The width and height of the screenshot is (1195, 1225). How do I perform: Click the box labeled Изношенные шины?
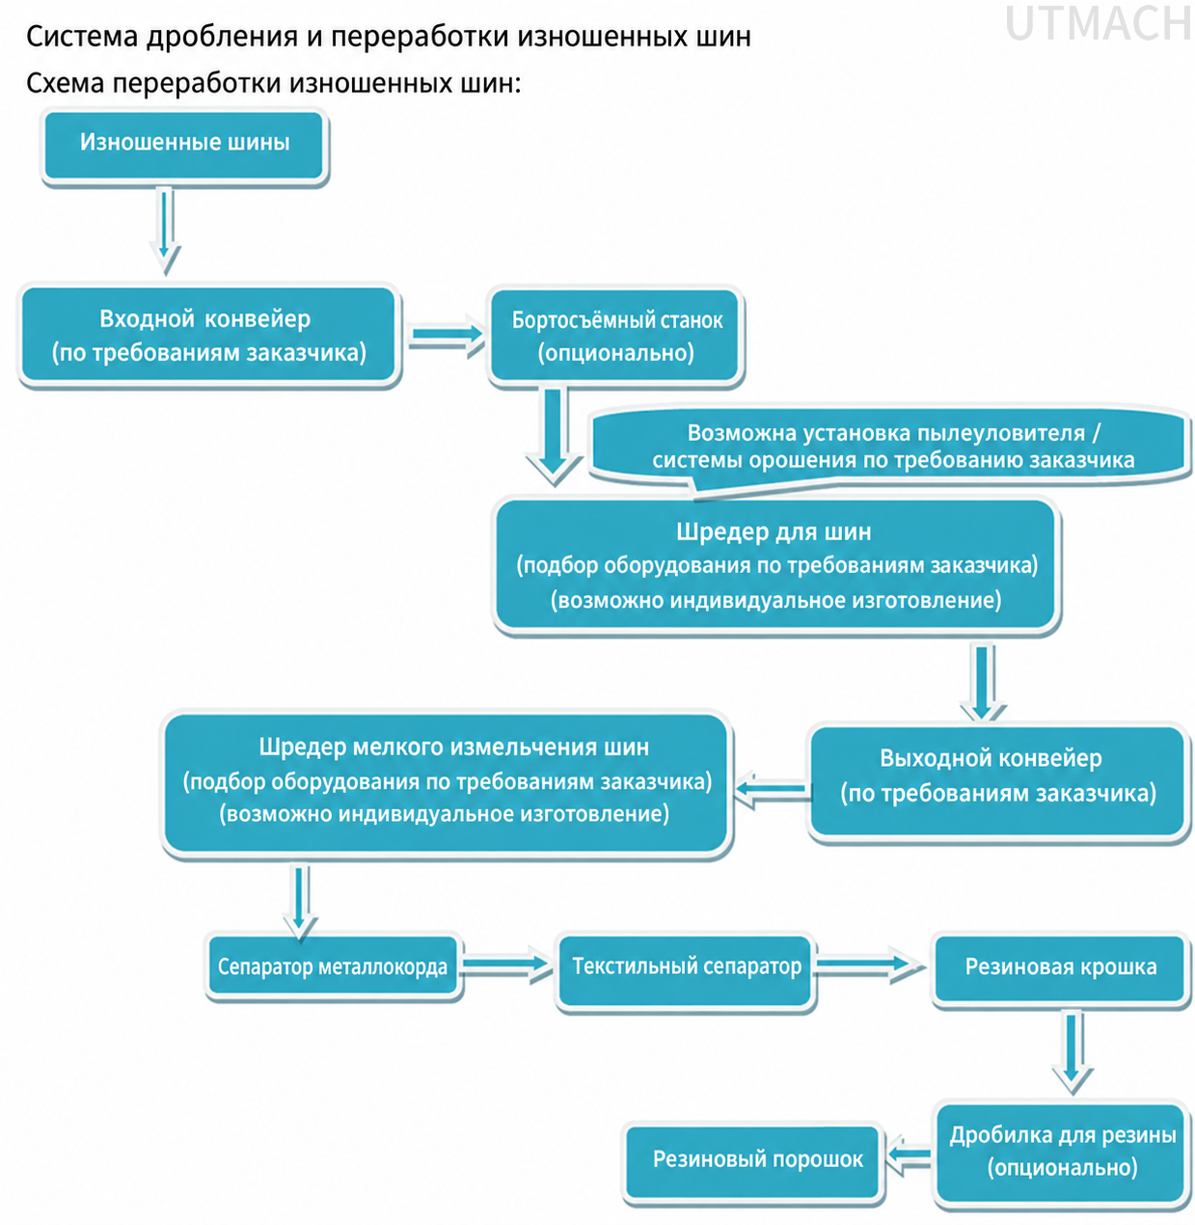coord(184,146)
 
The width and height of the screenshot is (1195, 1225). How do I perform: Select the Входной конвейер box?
coord(209,335)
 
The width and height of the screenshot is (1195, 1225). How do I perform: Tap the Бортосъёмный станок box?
coord(616,336)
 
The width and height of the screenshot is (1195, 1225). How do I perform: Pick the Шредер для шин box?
coord(775,565)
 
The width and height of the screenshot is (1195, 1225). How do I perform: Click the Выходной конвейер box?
coord(998,782)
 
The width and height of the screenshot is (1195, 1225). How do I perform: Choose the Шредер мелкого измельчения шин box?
coord(447,782)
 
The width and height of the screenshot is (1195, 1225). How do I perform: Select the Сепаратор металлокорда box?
coord(333,966)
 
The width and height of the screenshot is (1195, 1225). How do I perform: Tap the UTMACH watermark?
coord(1098,25)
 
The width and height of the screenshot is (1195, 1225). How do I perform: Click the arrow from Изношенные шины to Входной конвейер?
coord(165,231)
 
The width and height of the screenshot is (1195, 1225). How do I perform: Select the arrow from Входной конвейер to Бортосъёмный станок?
coord(446,336)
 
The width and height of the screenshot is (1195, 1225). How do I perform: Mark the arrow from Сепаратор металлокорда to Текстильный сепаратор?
coord(507,964)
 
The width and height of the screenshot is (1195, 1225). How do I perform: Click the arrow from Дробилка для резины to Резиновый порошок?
coord(910,1156)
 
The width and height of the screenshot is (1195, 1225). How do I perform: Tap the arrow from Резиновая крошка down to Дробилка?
coord(1073,1050)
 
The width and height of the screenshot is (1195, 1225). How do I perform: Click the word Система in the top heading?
coord(82,36)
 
